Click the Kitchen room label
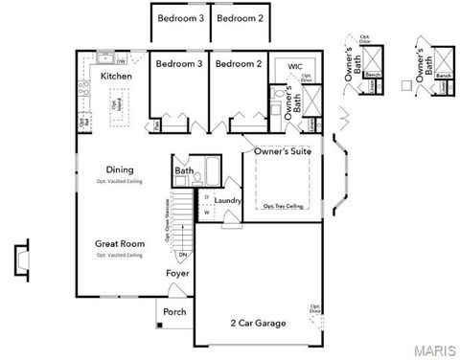[116, 75]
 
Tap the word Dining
[120, 169]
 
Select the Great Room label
[120, 244]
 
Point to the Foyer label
[177, 274]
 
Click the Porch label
[174, 312]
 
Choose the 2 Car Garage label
[258, 324]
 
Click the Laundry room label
[228, 200]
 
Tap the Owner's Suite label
[287, 151]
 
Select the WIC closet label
[295, 66]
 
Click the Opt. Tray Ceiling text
[284, 206]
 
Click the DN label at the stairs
[183, 256]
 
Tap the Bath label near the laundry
[183, 172]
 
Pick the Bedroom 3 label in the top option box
[179, 18]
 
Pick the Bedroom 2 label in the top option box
[238, 18]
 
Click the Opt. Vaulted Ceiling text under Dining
[120, 180]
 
